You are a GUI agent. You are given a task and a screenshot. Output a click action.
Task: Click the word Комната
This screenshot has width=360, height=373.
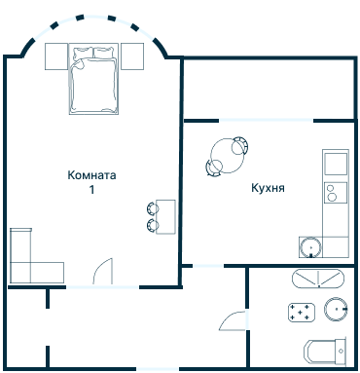tap(92, 176)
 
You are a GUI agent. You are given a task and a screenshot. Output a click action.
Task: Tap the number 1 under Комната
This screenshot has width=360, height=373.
tap(92, 191)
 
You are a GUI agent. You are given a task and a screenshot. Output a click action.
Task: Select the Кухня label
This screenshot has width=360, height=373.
tap(267, 187)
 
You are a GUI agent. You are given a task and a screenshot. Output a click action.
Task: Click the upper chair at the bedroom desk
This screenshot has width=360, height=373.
tap(153, 207)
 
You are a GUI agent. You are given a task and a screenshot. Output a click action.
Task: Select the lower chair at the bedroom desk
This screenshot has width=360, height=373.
tap(153, 225)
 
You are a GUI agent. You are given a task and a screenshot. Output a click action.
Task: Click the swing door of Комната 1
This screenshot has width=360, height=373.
tap(105, 272)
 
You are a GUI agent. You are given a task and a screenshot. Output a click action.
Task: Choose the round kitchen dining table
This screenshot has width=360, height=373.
tap(228, 154)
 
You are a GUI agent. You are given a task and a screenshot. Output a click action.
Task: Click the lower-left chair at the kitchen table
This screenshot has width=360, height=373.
tap(212, 168)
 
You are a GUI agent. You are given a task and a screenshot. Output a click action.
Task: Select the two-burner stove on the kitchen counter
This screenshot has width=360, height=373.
tap(335, 191)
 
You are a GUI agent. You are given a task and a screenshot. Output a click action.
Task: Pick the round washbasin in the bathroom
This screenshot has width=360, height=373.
tap(336, 310)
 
